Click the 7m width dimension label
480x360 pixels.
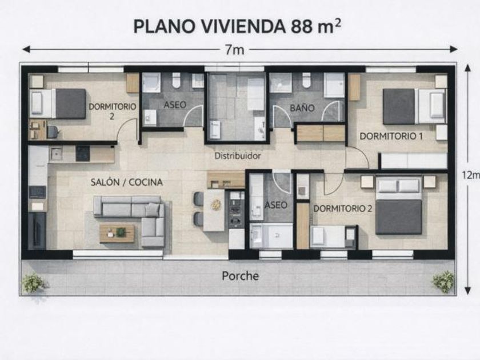point(235,50)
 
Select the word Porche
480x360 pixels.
point(241,276)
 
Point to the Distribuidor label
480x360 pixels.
point(238,156)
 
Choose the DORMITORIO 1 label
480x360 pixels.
point(391,136)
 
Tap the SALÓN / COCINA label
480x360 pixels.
point(127,182)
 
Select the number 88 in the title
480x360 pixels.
point(302,27)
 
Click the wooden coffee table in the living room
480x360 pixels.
point(117,233)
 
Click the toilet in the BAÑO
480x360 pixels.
point(306,79)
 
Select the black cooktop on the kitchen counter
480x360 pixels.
point(83,153)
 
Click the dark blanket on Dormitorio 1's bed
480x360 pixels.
point(399,106)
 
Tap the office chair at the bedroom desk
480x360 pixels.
point(53,131)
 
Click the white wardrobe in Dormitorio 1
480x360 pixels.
point(414,161)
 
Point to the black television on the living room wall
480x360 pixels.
point(37,230)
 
